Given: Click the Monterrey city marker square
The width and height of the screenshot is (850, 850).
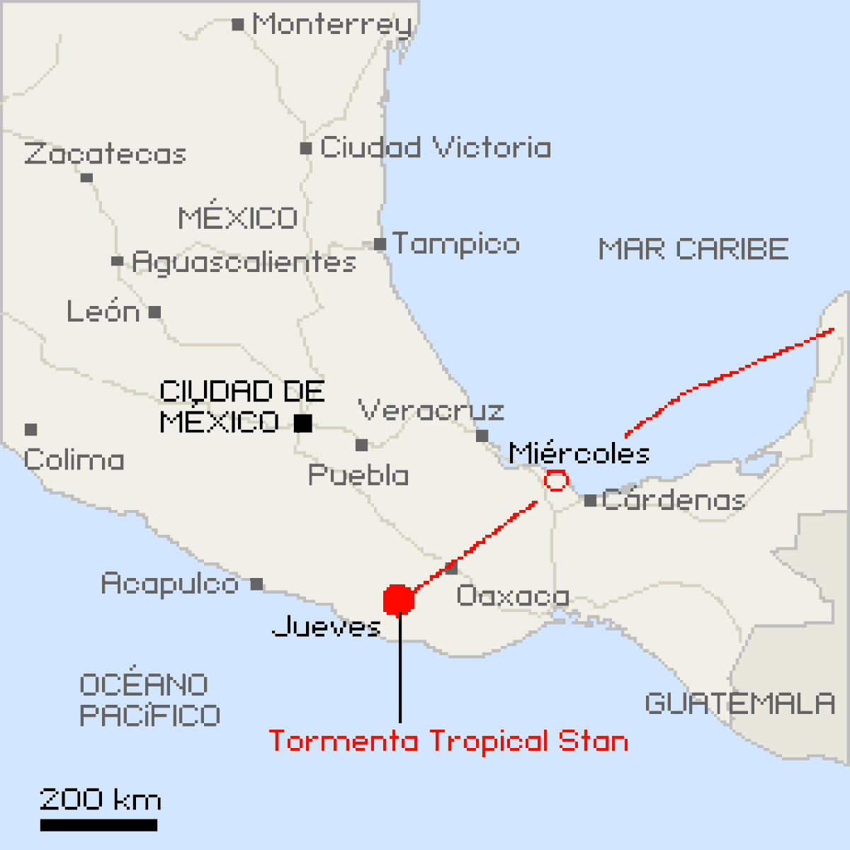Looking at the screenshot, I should (x=238, y=25).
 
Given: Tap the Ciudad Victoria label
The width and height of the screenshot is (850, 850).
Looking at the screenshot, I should (x=435, y=148).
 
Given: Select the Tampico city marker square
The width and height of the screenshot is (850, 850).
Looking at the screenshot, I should (x=380, y=244).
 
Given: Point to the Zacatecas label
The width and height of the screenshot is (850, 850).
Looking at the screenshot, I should (x=105, y=154).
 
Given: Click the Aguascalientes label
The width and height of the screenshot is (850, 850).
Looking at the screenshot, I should (x=244, y=262).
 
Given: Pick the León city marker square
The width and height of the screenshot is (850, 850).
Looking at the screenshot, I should (x=155, y=312).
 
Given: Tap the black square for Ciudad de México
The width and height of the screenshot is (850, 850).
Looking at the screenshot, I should (x=303, y=423).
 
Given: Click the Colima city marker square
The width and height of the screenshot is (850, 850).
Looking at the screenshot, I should (x=30, y=429).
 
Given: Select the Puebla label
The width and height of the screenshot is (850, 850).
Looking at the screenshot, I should (x=358, y=475).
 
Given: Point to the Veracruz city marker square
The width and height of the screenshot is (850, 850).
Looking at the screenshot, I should (x=482, y=436).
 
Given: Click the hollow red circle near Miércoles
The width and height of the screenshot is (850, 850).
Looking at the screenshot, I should (x=556, y=481).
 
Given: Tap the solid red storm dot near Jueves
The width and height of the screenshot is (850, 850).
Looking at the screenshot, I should (x=399, y=600).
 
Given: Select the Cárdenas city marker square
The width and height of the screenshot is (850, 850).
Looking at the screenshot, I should (x=590, y=501).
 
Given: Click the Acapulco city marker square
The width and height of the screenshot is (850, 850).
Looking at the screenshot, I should (x=257, y=584).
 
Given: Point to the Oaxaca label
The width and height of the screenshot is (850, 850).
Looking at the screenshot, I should (x=513, y=596).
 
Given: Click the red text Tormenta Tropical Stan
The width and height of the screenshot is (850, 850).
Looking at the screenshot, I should (x=448, y=741).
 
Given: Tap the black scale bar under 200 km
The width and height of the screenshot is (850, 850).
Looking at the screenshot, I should (x=98, y=825).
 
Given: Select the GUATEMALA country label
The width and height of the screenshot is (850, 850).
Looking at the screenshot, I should (x=740, y=703).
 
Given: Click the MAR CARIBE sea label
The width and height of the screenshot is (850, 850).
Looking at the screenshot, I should (x=693, y=249).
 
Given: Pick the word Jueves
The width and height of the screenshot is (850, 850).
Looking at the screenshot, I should (x=327, y=626).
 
